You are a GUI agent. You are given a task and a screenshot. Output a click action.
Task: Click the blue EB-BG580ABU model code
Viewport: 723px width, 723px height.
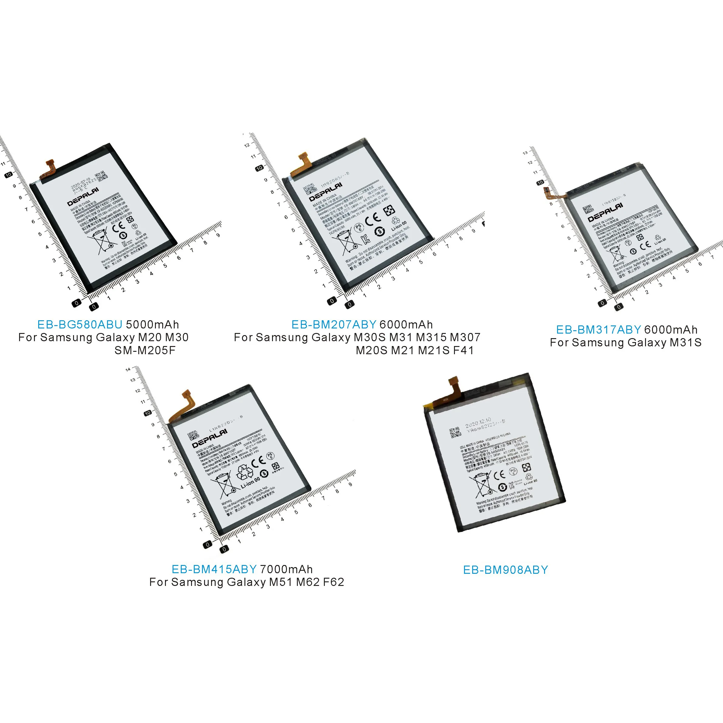click(80, 325)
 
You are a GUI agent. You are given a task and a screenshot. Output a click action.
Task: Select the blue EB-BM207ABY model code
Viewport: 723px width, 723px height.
click(334, 325)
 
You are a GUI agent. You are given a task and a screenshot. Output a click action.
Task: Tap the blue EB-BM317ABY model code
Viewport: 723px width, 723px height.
click(598, 330)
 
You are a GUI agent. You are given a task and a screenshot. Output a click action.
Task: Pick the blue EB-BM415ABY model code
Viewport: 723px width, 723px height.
click(214, 569)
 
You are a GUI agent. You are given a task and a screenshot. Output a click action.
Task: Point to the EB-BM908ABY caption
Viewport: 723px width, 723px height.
click(506, 570)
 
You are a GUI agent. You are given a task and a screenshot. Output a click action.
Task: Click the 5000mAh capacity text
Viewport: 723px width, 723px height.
click(152, 325)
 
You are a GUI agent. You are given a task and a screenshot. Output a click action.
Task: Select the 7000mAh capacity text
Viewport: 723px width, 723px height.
click(286, 569)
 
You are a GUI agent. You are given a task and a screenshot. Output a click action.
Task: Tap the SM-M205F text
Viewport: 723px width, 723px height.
click(145, 350)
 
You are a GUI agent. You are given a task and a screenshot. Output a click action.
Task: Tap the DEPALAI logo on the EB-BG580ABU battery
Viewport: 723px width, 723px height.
click(83, 197)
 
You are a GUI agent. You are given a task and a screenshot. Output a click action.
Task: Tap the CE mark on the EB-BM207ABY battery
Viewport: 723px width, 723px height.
click(373, 219)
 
